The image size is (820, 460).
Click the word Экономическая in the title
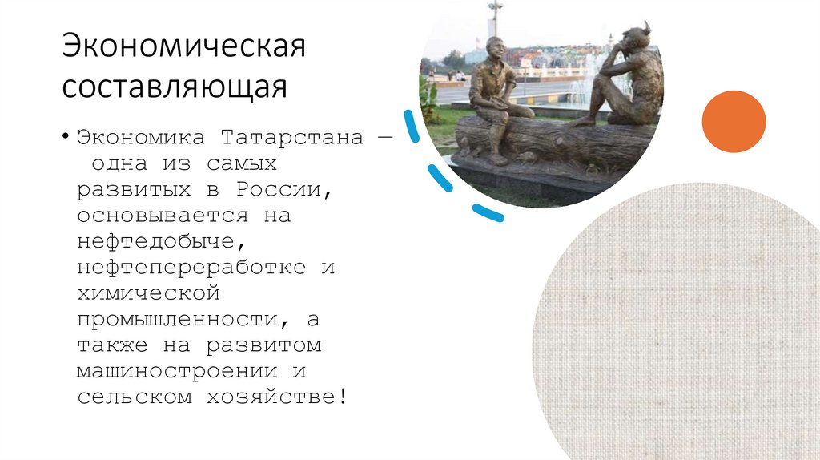(185, 47)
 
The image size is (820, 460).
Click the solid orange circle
(734, 122)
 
